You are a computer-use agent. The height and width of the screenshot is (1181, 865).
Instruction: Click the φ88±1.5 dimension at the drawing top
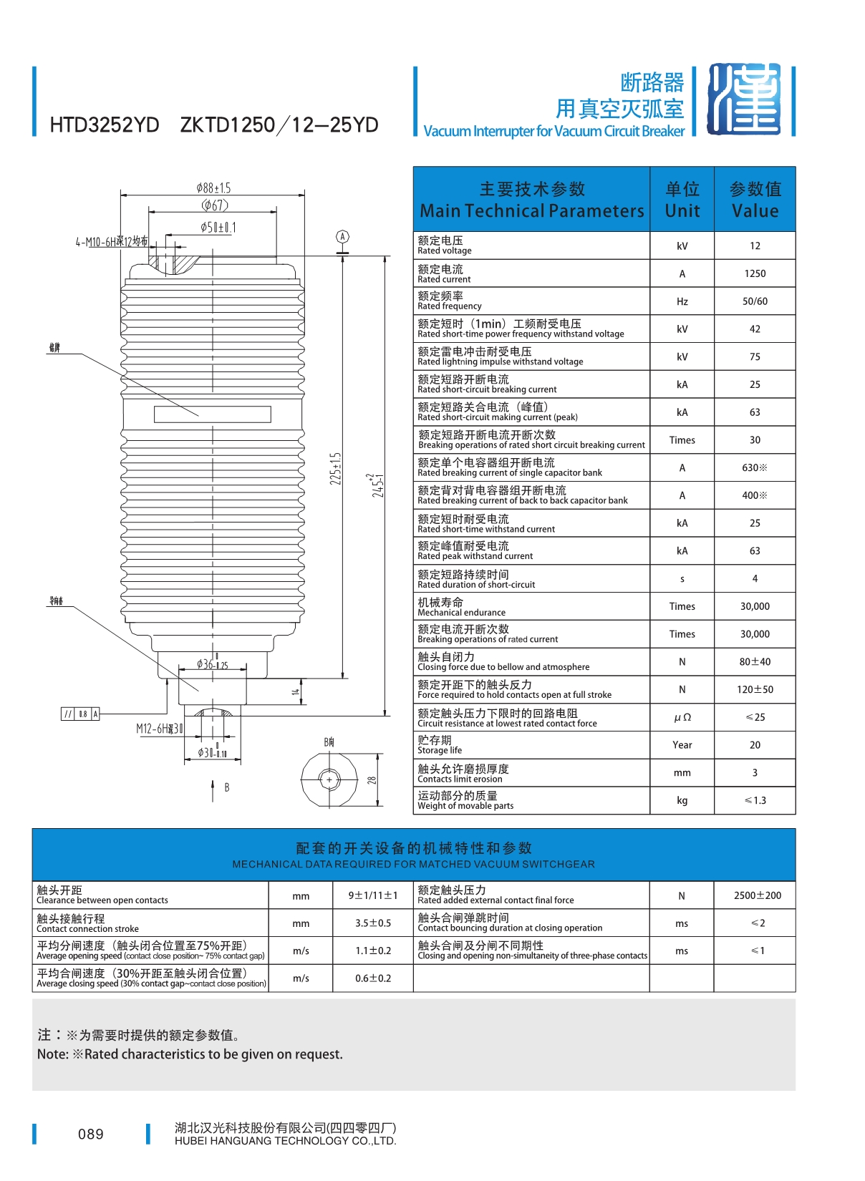[213, 188]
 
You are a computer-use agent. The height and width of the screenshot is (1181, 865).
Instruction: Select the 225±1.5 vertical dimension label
[336, 468]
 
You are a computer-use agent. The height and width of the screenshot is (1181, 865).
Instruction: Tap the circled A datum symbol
[343, 237]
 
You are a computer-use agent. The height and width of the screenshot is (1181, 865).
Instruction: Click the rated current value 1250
[755, 273]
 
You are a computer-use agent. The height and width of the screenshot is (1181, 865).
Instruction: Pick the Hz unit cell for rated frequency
[682, 301]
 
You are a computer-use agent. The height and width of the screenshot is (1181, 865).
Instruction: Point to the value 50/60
[755, 301]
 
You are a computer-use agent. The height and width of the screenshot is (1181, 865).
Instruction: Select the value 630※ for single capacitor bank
[755, 467]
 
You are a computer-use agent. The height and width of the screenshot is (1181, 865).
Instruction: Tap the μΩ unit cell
[682, 717]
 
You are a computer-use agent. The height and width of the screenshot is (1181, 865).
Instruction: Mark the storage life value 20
[755, 745]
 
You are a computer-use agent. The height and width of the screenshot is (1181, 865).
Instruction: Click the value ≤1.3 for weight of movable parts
[755, 800]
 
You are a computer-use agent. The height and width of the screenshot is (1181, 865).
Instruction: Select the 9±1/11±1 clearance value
[372, 895]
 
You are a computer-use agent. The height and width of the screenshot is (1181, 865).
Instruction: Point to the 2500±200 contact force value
[758, 895]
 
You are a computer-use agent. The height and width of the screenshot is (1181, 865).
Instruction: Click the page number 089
[91, 1134]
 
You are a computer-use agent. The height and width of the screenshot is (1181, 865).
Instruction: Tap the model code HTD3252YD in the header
[105, 125]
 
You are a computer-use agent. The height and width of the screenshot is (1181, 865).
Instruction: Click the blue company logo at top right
[744, 99]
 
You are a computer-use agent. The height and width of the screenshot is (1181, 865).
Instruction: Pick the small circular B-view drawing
[329, 779]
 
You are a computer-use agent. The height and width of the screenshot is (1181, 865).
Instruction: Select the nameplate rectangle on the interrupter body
[212, 414]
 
